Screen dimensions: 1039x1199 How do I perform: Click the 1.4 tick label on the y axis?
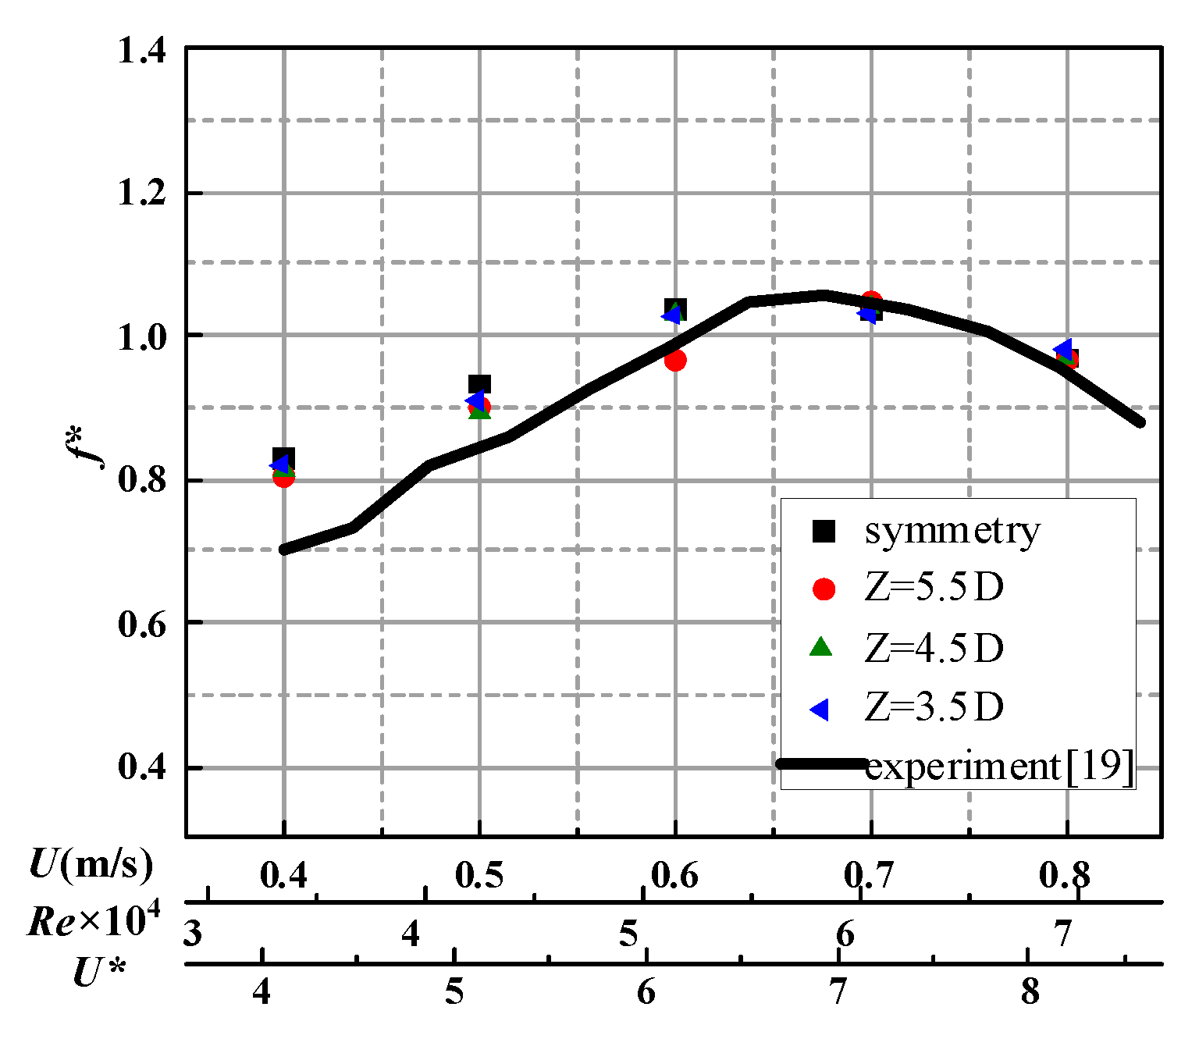[x=141, y=52]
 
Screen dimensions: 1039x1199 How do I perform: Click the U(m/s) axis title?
[x=91, y=865]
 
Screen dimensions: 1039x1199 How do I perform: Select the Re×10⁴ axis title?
[x=94, y=921]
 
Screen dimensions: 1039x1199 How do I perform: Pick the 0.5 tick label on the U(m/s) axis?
[x=479, y=876]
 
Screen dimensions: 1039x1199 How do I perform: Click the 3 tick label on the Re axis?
[x=193, y=934]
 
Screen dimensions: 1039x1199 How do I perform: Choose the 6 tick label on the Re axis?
[x=845, y=934]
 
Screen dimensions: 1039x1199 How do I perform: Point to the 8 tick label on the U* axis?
[x=1030, y=992]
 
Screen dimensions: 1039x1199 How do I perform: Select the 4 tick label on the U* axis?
[x=262, y=992]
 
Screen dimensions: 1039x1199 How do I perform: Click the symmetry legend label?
[x=952, y=532]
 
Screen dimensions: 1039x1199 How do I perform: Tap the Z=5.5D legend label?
[x=934, y=589]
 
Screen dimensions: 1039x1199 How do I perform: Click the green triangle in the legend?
[x=823, y=647]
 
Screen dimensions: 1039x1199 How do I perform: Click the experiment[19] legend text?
[x=998, y=767]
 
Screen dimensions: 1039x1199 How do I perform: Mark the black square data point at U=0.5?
[x=479, y=384]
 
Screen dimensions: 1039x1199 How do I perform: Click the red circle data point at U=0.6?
[x=675, y=360]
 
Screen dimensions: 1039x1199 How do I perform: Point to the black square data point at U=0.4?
[x=284, y=457]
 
